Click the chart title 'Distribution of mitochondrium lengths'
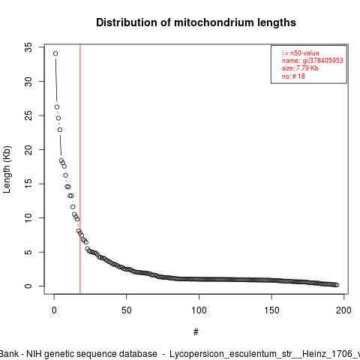tap(196, 22)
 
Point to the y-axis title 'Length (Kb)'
tap(7, 169)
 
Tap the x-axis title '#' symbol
tap(196, 332)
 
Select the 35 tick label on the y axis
tap(28, 47)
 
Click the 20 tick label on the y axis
tap(28, 149)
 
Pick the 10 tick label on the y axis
tap(28, 217)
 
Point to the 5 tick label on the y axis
tap(28, 252)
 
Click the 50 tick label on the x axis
tap(127, 310)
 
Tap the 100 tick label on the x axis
tap(199, 310)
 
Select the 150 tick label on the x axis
tap(271, 310)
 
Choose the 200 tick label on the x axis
tap(343, 310)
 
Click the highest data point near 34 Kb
tap(55, 53)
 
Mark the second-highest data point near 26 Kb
tap(57, 107)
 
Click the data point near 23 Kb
tap(60, 130)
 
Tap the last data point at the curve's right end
tap(337, 285)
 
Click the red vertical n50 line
tap(80, 169)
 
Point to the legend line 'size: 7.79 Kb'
tap(300, 68)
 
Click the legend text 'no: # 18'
tap(293, 76)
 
